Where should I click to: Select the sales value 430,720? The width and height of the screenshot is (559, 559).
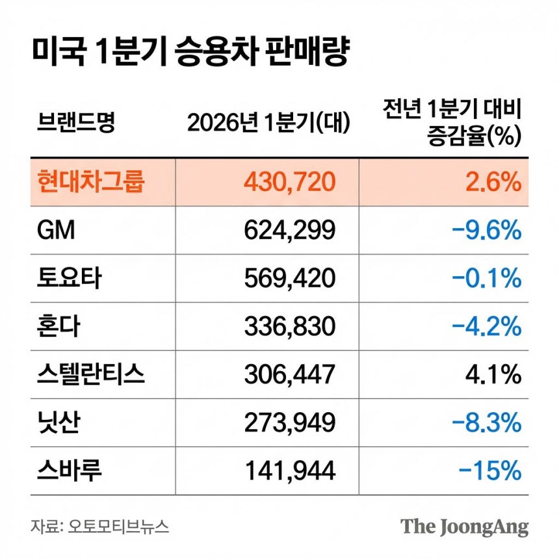click(290, 182)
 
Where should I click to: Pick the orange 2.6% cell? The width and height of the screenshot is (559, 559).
click(491, 182)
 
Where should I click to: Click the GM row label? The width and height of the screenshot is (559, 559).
click(57, 230)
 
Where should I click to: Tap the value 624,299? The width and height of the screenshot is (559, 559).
click(290, 230)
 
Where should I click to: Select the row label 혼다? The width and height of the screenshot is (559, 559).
click(59, 326)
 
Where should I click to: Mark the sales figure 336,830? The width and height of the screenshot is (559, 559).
click(290, 326)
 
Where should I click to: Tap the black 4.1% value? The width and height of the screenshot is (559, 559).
click(492, 374)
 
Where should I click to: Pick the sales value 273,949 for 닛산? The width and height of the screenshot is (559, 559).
click(290, 422)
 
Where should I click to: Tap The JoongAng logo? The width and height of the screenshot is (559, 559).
click(464, 526)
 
